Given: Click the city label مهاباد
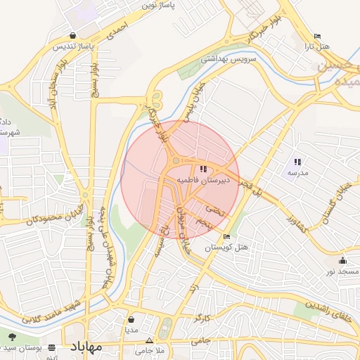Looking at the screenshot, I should click(86, 347).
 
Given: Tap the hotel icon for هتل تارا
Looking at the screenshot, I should click(317, 36).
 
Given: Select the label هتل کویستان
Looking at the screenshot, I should click(227, 247).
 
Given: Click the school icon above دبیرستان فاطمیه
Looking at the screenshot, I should click(203, 169).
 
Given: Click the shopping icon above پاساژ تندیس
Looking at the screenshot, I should click(73, 36).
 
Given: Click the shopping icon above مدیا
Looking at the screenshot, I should click(131, 319).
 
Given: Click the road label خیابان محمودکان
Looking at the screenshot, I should click(55, 215).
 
